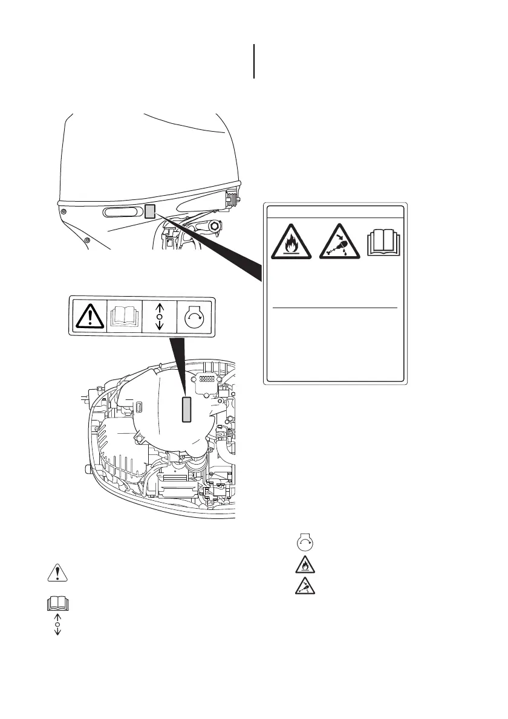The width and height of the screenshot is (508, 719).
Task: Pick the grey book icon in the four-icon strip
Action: (124, 315)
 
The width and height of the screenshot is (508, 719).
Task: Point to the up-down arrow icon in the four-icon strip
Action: (159, 315)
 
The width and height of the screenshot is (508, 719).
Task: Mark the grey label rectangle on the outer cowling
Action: (151, 211)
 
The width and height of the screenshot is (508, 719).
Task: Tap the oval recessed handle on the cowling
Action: (122, 212)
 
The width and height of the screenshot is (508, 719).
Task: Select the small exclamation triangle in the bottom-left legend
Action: (57, 574)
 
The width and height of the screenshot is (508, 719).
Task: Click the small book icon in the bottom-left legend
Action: (57, 603)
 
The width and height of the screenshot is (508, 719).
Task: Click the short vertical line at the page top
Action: (254, 60)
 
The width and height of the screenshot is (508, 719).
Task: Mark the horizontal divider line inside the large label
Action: (334, 308)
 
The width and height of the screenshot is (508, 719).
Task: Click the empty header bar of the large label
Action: (335, 211)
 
